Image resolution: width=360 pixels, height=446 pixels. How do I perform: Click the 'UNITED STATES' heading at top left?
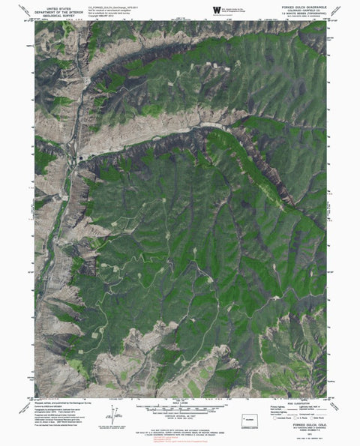(58, 4)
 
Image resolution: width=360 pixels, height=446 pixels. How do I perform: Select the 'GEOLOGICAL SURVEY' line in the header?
(58, 13)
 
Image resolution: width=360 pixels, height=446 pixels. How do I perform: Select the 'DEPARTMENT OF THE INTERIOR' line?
(58, 8)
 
